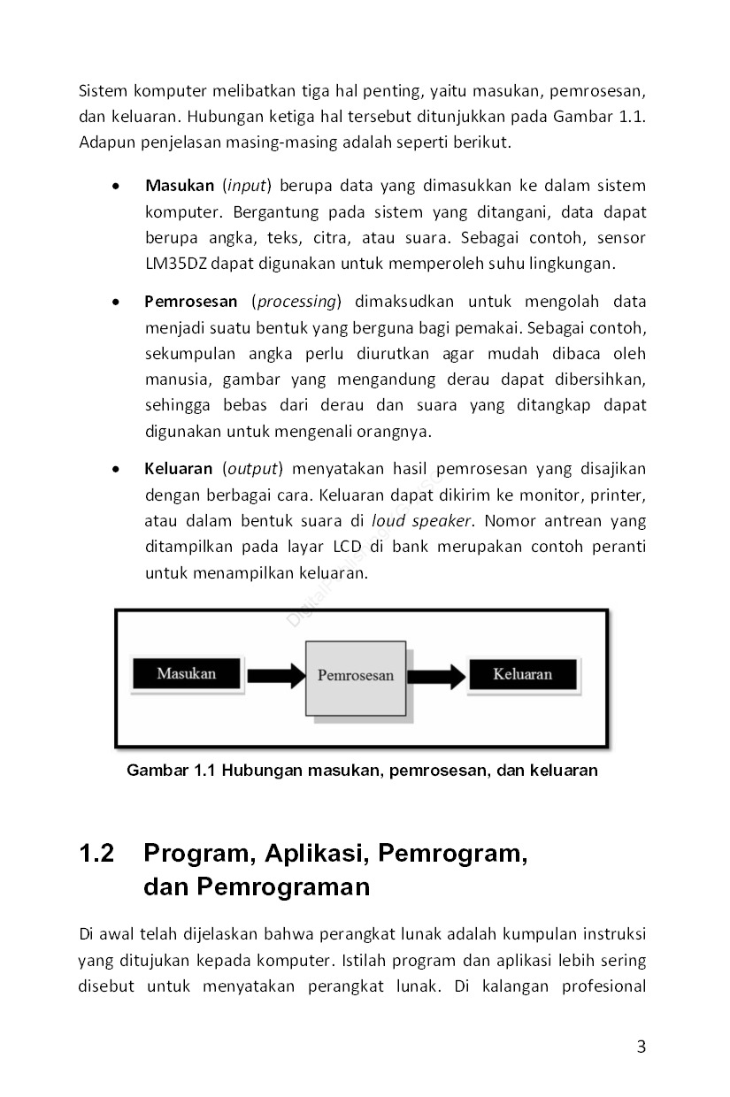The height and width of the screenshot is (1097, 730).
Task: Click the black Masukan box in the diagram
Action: click(186, 674)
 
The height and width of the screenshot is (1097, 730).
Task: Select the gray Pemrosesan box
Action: click(356, 677)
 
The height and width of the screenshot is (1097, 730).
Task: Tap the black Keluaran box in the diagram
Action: click(522, 674)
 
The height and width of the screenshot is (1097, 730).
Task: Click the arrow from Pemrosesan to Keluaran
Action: click(437, 677)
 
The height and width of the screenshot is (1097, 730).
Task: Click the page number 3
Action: click(642, 1047)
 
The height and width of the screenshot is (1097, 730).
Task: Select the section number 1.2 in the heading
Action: click(97, 854)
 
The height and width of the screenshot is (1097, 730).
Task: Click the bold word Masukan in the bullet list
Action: click(180, 186)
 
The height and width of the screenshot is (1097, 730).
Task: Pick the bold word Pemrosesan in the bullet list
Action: click(191, 302)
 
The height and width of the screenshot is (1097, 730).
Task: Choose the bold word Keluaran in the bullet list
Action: click(179, 469)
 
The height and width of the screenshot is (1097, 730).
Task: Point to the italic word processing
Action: click(296, 302)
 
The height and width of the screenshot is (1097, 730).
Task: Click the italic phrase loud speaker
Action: click(421, 520)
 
